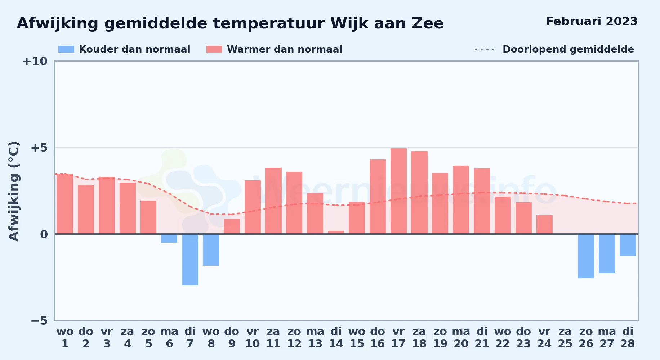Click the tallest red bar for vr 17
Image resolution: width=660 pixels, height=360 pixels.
click(398, 191)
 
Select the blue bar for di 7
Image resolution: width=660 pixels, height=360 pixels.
click(190, 260)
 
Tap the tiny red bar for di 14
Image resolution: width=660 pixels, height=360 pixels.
click(336, 232)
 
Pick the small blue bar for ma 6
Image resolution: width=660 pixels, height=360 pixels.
click(169, 238)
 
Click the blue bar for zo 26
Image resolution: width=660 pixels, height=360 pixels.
click(586, 256)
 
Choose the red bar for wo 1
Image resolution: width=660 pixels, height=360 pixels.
click(65, 204)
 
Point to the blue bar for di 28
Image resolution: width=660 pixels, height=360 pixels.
click(628, 245)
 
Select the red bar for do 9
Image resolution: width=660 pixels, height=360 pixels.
click(232, 226)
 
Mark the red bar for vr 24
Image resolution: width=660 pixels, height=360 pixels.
click(544, 225)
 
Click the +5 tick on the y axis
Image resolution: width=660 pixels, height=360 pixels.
click(39, 148)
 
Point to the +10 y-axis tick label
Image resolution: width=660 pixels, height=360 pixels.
click(35, 61)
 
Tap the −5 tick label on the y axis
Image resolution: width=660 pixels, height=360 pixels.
click(39, 321)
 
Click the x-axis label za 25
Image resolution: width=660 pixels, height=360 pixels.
click(565, 338)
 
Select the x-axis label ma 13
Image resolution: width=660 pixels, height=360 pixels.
click(315, 338)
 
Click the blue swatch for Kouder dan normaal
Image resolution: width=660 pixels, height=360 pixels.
click(66, 49)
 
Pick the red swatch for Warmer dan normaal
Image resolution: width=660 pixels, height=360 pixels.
click(214, 49)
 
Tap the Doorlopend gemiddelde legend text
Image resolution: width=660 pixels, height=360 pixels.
click(568, 49)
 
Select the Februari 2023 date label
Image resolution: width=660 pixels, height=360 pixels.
click(592, 21)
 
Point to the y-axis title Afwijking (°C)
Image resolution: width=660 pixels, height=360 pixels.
click(14, 191)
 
